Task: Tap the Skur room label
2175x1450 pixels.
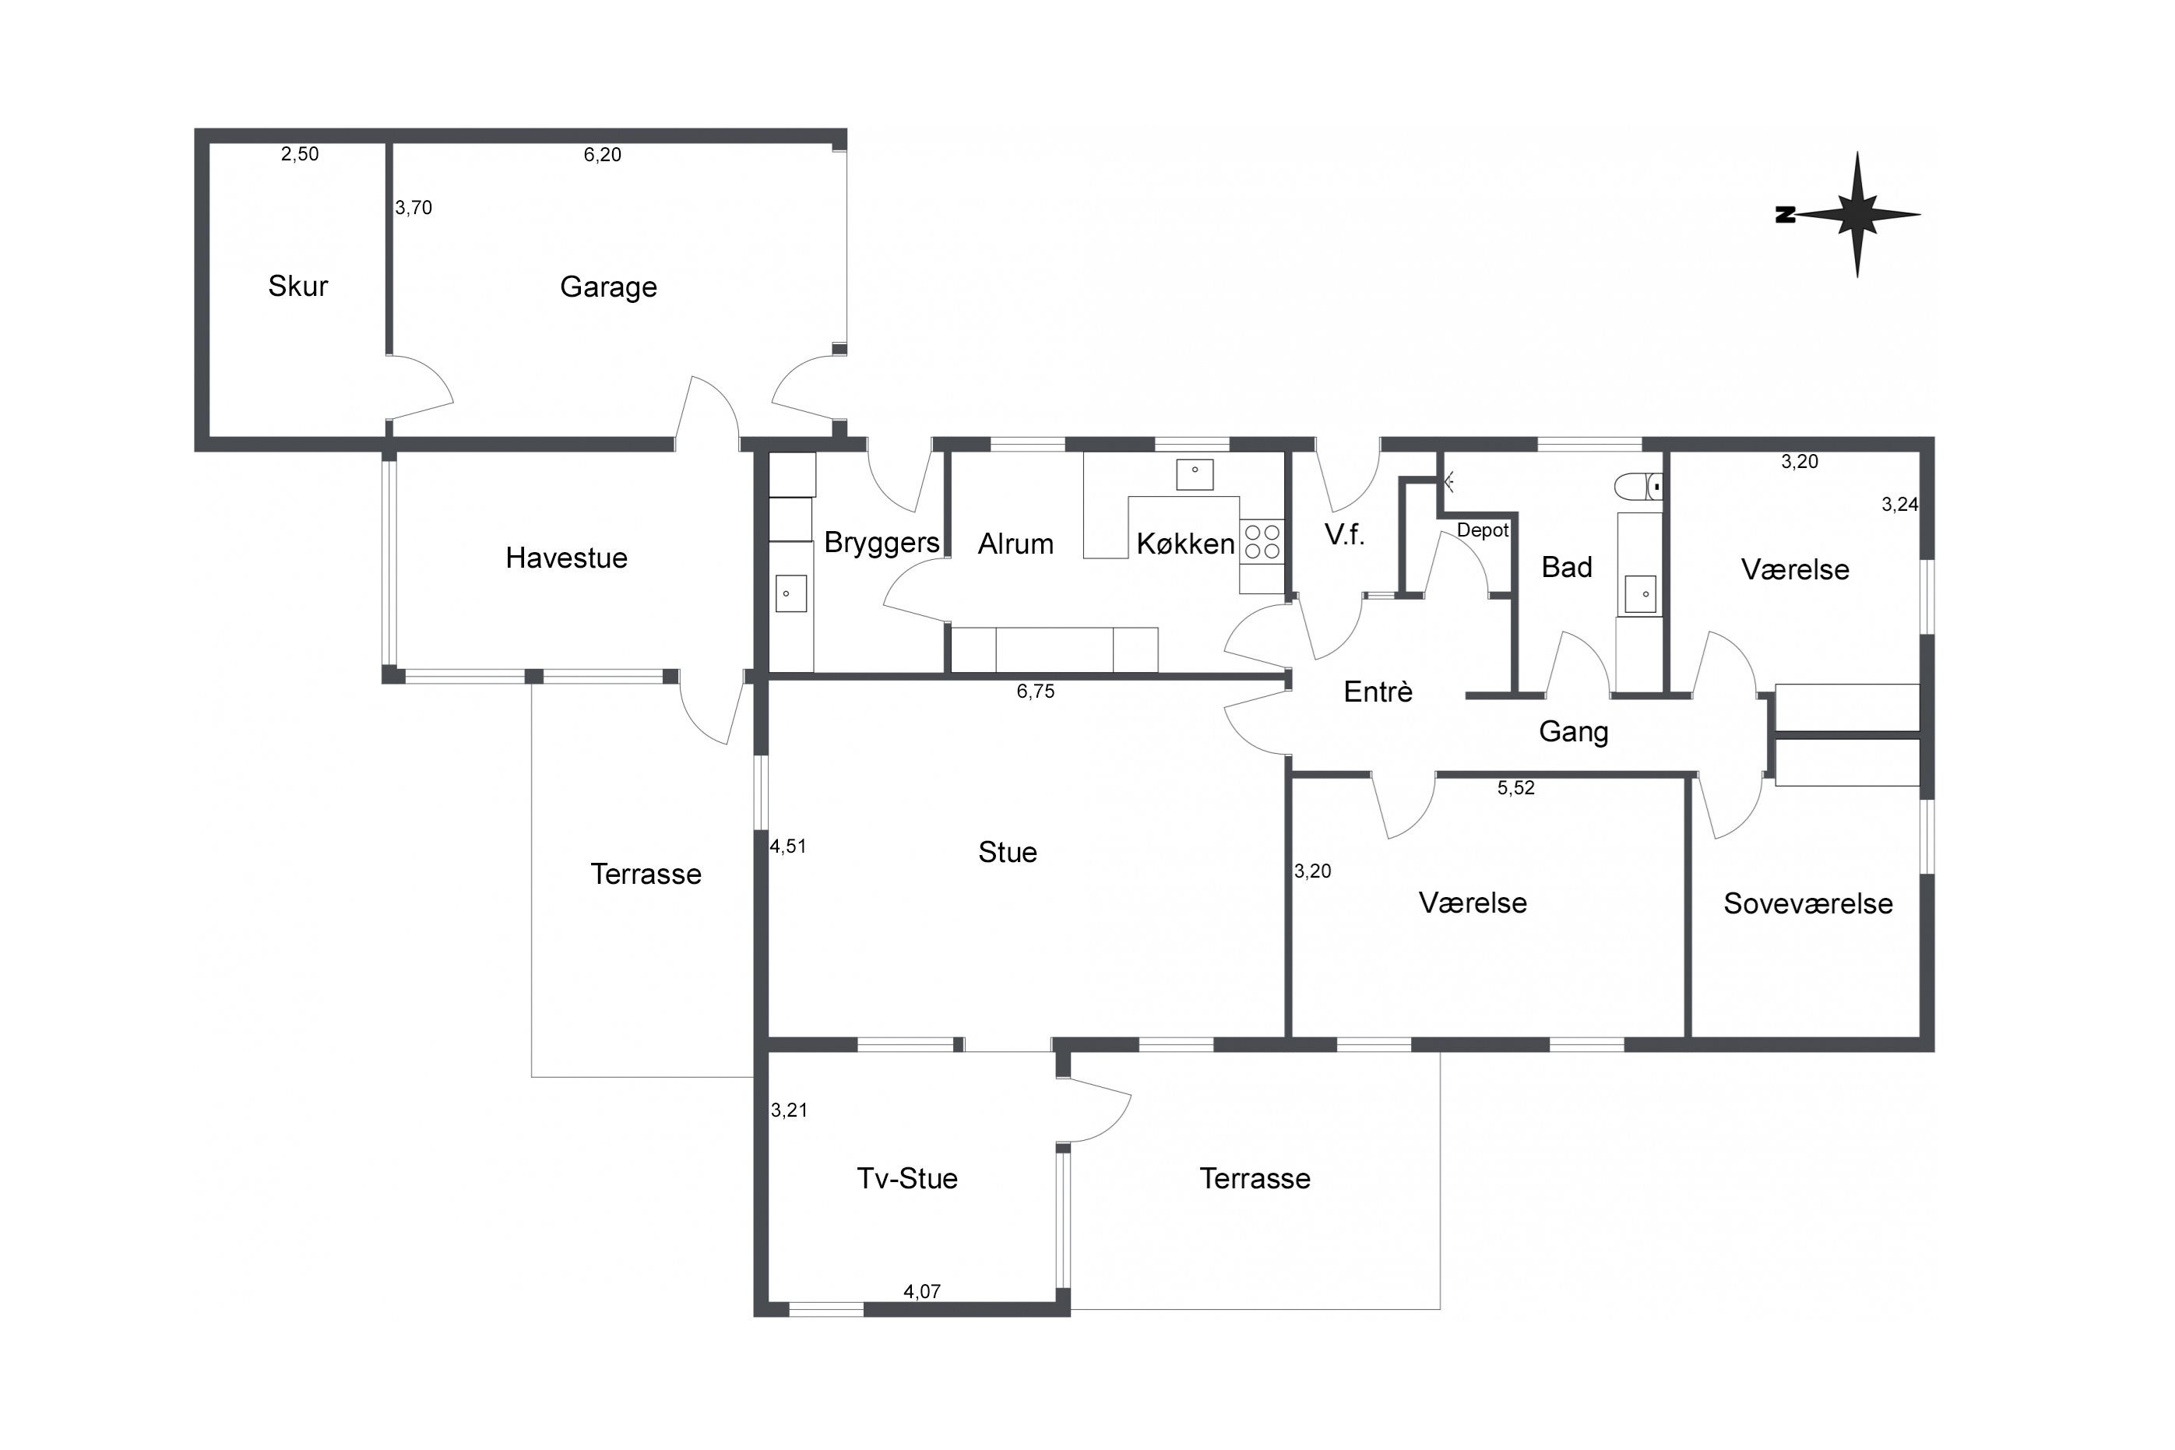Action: click(x=297, y=287)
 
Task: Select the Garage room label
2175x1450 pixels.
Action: click(x=608, y=287)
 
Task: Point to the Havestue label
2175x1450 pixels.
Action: click(x=566, y=558)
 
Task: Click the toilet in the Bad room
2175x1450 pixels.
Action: click(x=1638, y=487)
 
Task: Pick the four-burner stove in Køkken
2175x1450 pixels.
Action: click(x=1262, y=542)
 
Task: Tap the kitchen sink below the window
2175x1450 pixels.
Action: click(x=1195, y=474)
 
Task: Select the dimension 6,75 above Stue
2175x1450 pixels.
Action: click(x=1035, y=692)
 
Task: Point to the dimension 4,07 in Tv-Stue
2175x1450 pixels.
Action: click(x=922, y=1292)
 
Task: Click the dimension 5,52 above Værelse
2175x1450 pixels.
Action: click(x=1515, y=788)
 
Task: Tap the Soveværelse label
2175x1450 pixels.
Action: click(x=1808, y=903)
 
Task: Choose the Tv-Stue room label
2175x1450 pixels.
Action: click(x=907, y=1178)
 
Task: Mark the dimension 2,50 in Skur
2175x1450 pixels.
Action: click(x=300, y=154)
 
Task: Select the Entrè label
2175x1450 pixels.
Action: click(x=1378, y=692)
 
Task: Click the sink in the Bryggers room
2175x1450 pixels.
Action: click(x=791, y=593)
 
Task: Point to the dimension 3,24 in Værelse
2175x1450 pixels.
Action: click(x=1899, y=505)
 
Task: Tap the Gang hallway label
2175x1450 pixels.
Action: click(x=1573, y=732)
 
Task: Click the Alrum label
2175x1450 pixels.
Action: click(x=1015, y=544)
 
